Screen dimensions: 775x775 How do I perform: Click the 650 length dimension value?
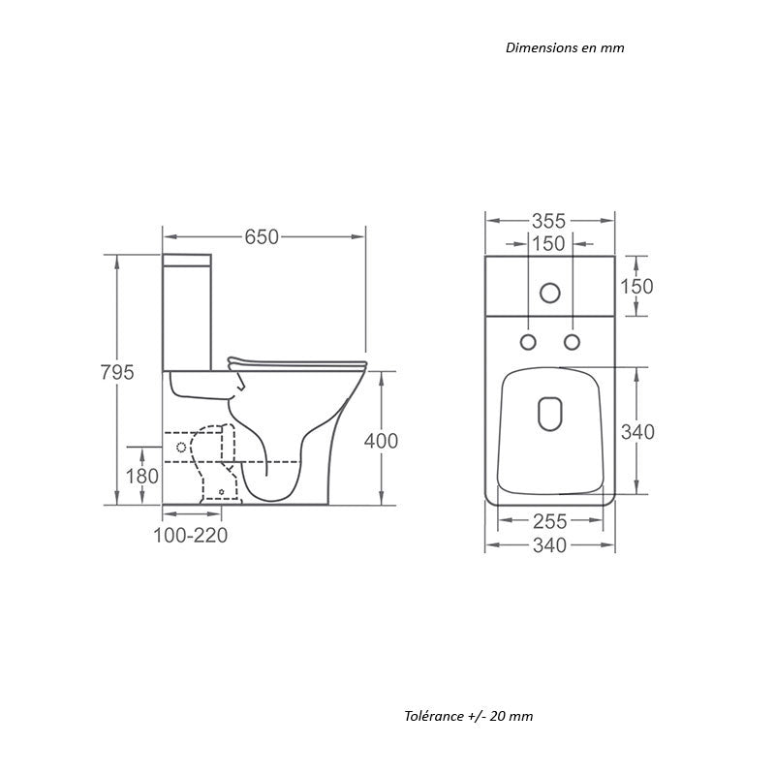pyautogui.click(x=262, y=237)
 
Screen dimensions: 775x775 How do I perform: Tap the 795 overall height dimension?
pyautogui.click(x=117, y=372)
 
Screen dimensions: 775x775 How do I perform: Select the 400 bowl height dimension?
pyautogui.click(x=381, y=441)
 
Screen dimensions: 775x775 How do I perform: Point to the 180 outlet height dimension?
pyautogui.click(x=141, y=476)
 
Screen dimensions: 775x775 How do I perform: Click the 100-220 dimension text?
pyautogui.click(x=190, y=536)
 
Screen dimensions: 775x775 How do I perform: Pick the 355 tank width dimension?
pyautogui.click(x=548, y=221)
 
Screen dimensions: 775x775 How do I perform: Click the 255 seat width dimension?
pyautogui.click(x=549, y=521)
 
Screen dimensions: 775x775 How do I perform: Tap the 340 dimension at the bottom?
pyautogui.click(x=549, y=545)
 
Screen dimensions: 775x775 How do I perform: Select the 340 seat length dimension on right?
pyautogui.click(x=637, y=432)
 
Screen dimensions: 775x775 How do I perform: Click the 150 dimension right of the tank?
pyautogui.click(x=636, y=286)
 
